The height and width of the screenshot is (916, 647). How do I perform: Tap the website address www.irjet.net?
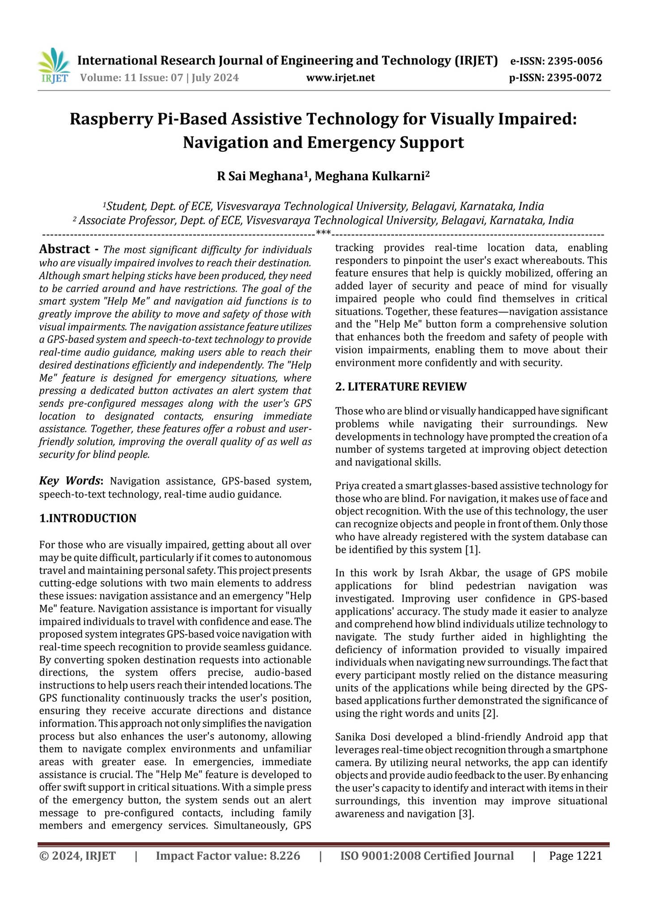point(340,78)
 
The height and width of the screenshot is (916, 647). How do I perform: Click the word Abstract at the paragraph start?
point(64,249)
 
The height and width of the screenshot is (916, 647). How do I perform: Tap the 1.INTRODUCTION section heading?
point(88,518)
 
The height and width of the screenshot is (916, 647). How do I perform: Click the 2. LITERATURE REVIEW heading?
point(401,387)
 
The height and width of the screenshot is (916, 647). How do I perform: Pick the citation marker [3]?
point(466,814)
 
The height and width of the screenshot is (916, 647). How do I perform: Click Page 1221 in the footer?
point(575,856)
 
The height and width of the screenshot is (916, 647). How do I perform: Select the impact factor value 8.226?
point(284,856)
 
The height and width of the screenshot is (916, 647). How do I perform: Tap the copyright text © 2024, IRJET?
point(77,856)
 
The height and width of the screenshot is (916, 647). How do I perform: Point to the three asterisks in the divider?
point(323,233)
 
